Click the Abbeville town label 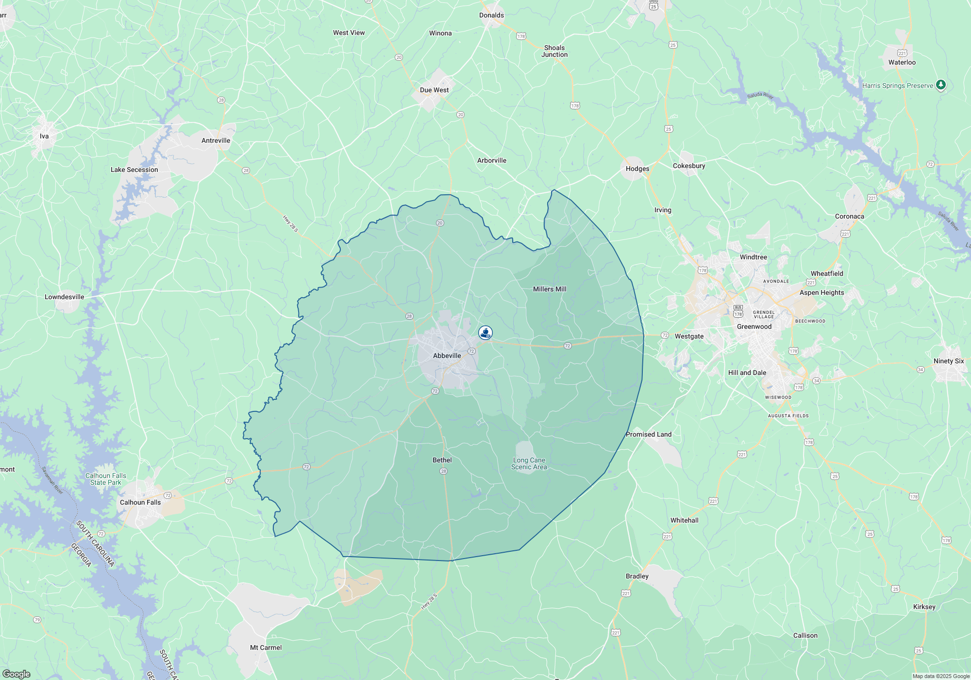[x=447, y=356]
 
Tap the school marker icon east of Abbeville [x=485, y=333]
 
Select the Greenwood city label [x=754, y=326]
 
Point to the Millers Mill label [x=550, y=289]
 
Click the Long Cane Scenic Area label [x=529, y=463]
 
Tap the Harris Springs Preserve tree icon [x=941, y=85]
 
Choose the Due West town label [x=434, y=90]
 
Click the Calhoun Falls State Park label [x=106, y=479]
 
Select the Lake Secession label [x=134, y=170]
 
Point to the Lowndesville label [x=65, y=297]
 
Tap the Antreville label [x=216, y=140]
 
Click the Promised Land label [x=649, y=434]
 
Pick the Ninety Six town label [x=949, y=361]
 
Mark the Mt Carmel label [x=266, y=647]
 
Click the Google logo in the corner [x=17, y=674]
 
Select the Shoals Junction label [x=554, y=51]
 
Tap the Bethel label [x=442, y=460]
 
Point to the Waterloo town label [x=902, y=62]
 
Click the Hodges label [x=637, y=169]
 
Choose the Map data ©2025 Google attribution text [x=941, y=676]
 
